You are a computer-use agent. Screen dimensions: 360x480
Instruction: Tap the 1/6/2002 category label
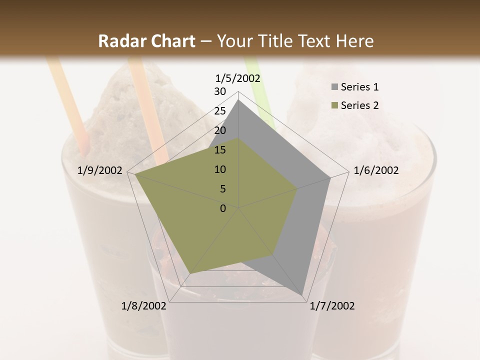[x=376, y=170]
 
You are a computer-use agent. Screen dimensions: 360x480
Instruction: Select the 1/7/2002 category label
[x=332, y=306]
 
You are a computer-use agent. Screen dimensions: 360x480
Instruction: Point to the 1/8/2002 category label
[x=144, y=306]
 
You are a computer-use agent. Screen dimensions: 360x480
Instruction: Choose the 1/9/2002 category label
[x=100, y=170]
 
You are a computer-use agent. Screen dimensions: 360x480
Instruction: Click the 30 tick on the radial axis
[x=220, y=91]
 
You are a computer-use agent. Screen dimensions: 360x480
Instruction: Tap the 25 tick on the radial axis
[x=220, y=111]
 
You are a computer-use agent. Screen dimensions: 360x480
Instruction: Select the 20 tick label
[x=220, y=130]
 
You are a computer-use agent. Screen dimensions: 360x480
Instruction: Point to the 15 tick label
[x=220, y=150]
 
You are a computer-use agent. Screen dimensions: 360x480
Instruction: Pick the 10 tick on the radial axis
[x=220, y=169]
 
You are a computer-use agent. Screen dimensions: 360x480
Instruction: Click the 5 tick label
[x=223, y=189]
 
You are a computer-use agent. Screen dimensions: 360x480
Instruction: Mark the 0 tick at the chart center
[x=223, y=208]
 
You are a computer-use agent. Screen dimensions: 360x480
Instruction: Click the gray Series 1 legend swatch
[x=334, y=87]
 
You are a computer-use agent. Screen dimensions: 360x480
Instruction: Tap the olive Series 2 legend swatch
[x=334, y=105]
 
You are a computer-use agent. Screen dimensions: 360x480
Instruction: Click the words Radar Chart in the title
[x=146, y=41]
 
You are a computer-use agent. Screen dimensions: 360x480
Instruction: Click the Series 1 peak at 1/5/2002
[x=238, y=100]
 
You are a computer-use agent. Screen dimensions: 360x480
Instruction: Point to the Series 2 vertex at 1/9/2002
[x=135, y=174]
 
